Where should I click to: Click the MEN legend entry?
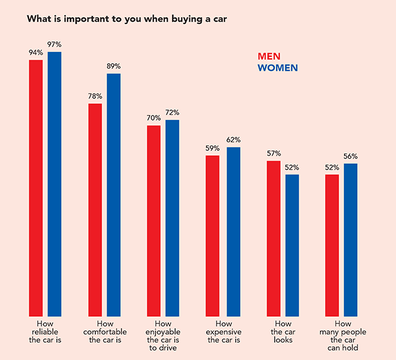(x=269, y=56)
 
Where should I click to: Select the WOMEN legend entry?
(x=277, y=67)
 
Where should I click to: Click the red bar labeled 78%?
(x=95, y=210)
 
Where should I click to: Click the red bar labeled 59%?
(x=212, y=236)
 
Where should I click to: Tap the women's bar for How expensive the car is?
(x=233, y=231)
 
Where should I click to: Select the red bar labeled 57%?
(x=273, y=238)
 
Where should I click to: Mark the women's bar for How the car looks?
(x=292, y=245)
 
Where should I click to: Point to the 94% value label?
(x=35, y=53)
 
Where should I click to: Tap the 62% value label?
(x=233, y=140)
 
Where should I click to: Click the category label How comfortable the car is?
(x=104, y=332)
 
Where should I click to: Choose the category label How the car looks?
(x=283, y=332)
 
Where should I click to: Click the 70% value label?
(x=153, y=118)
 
